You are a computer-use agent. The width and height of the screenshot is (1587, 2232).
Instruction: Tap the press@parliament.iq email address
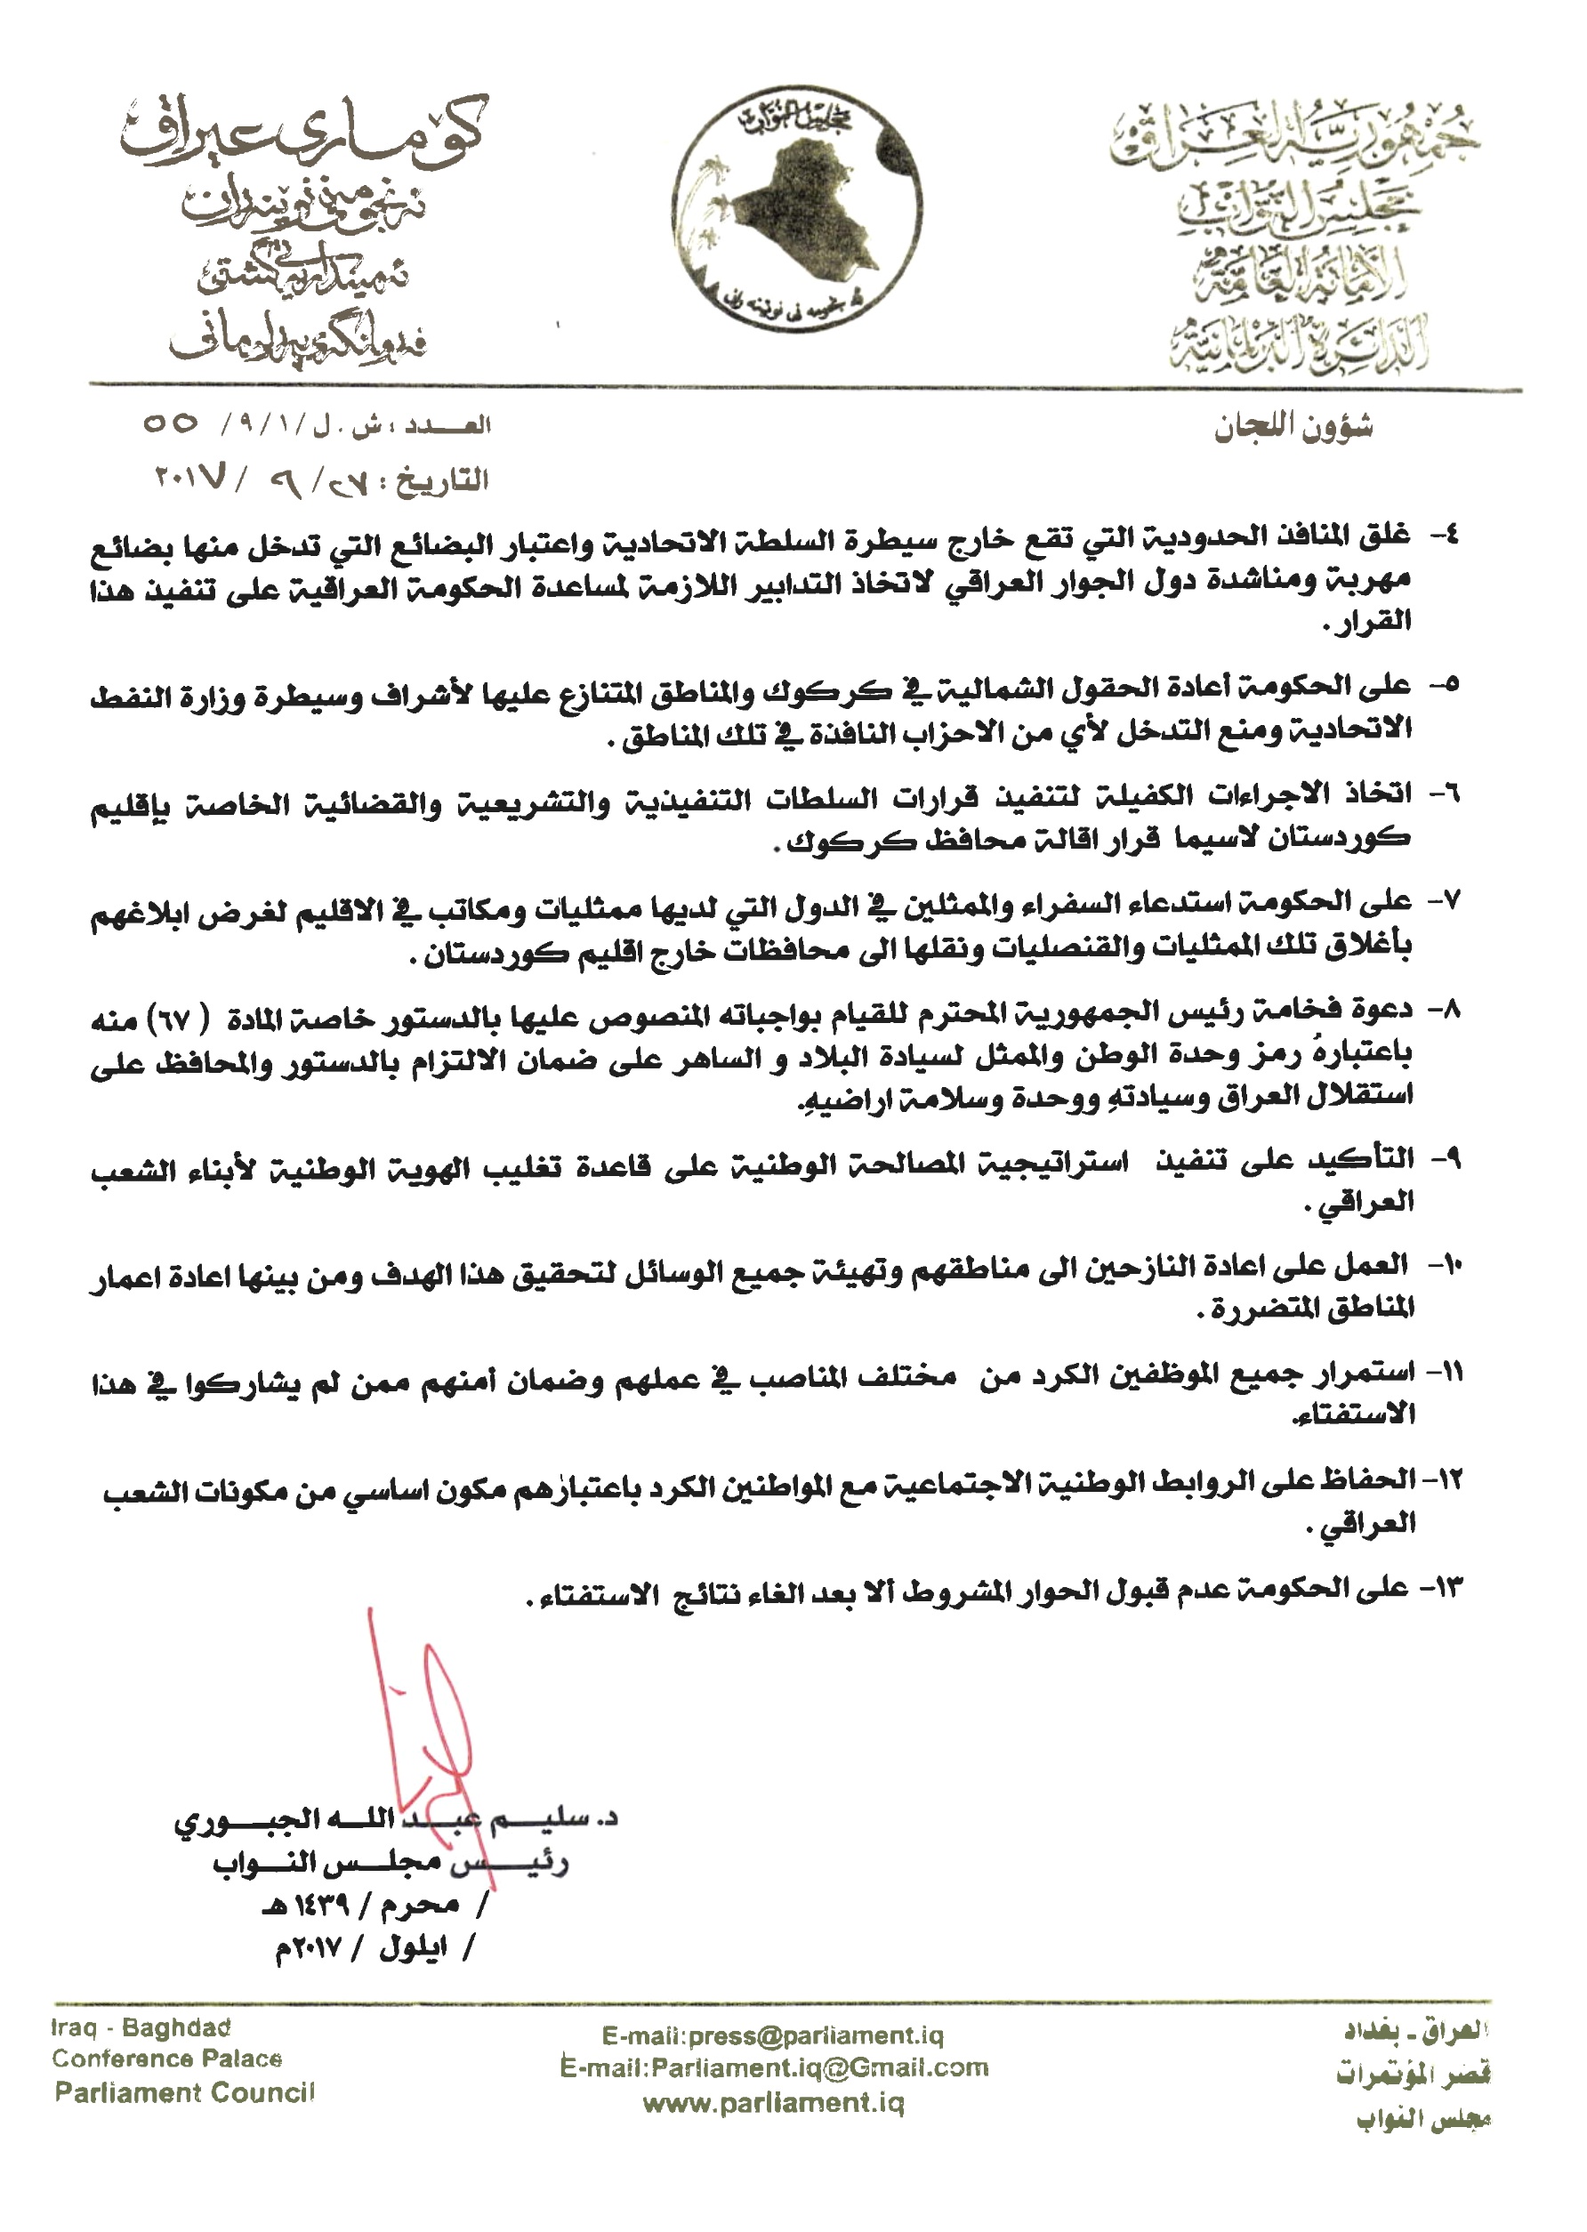pyautogui.click(x=772, y=2035)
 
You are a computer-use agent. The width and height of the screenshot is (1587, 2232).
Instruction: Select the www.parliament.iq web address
pyautogui.click(x=773, y=2102)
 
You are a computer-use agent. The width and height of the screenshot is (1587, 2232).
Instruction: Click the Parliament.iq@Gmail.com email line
pyautogui.click(x=774, y=2067)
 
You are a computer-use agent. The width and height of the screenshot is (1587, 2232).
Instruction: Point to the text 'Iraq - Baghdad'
pyautogui.click(x=141, y=2027)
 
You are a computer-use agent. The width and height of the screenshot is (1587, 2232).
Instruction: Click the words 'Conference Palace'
pyautogui.click(x=167, y=2059)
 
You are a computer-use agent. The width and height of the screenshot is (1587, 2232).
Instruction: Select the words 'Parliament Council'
pyautogui.click(x=185, y=2092)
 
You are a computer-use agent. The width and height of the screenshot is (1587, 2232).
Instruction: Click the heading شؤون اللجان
pyautogui.click(x=1293, y=428)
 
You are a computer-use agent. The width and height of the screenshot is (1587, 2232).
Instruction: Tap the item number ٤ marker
pyautogui.click(x=1445, y=536)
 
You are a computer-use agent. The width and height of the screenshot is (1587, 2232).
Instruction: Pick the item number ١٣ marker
pyautogui.click(x=1441, y=1588)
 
